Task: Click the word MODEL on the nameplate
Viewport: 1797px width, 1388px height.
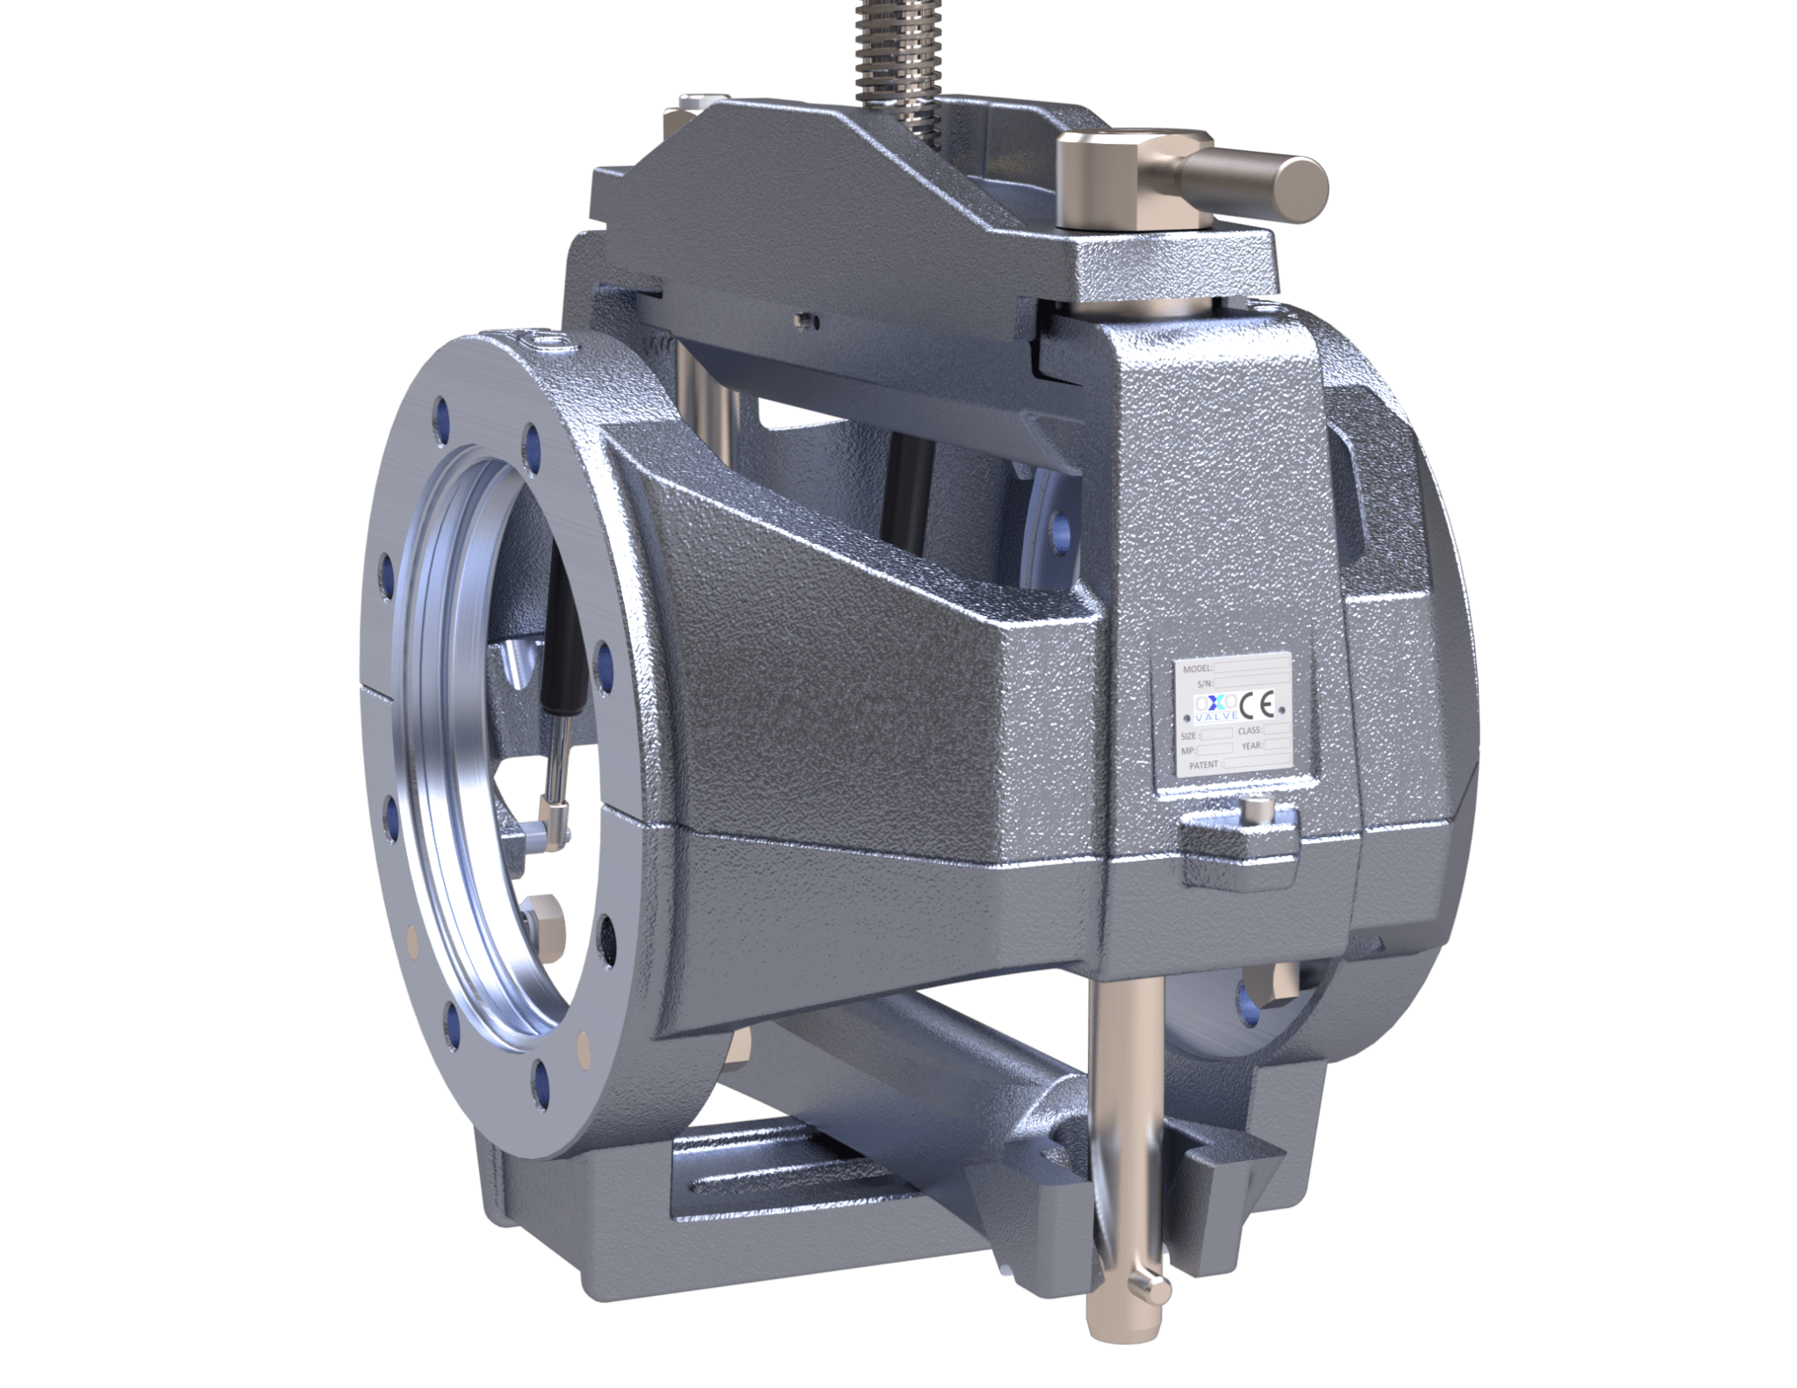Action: (x=1197, y=668)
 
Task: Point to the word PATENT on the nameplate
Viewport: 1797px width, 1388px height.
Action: (x=1203, y=765)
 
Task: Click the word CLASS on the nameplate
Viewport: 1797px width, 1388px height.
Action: (x=1249, y=731)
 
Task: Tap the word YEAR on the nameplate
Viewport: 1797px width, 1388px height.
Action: (x=1252, y=748)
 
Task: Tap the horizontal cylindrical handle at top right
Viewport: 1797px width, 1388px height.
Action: (x=1264, y=180)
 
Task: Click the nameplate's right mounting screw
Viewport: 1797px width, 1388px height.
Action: (x=1285, y=707)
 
